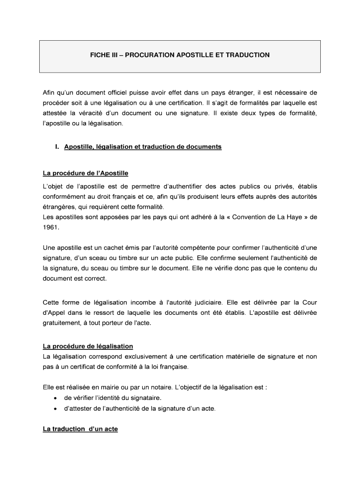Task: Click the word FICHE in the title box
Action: click(x=100, y=55)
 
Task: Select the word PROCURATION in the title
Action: click(x=148, y=55)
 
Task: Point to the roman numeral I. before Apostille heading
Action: click(x=57, y=147)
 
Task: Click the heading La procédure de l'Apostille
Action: click(x=85, y=174)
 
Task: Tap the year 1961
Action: click(x=51, y=227)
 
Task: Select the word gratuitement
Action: click(x=62, y=322)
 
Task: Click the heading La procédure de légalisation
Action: click(x=88, y=346)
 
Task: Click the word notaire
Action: click(x=173, y=387)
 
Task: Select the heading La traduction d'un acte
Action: click(x=80, y=428)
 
